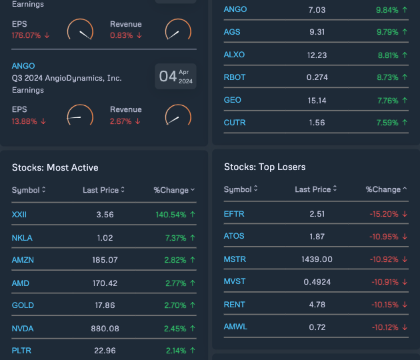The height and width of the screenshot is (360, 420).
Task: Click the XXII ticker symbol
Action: (x=19, y=215)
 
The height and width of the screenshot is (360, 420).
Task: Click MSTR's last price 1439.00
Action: (x=317, y=259)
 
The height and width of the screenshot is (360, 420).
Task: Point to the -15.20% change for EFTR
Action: (x=383, y=214)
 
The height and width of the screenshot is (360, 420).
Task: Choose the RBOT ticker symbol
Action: (x=235, y=77)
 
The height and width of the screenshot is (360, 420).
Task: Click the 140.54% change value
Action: (x=170, y=215)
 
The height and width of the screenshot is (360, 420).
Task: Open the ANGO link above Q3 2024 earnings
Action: (x=23, y=66)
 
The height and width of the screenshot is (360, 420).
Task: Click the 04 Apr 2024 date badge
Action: (x=176, y=77)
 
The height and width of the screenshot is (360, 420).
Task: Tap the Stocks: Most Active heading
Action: (x=55, y=167)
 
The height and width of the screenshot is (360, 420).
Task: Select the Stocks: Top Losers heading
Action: (x=265, y=167)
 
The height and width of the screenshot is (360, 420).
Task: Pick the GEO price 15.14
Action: (x=317, y=100)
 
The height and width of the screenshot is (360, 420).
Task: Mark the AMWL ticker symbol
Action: (x=236, y=327)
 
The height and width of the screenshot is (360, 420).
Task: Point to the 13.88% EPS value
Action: (x=25, y=121)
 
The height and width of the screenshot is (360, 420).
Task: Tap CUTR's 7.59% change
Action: (x=386, y=123)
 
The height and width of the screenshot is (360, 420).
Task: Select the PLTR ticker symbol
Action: (x=22, y=351)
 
